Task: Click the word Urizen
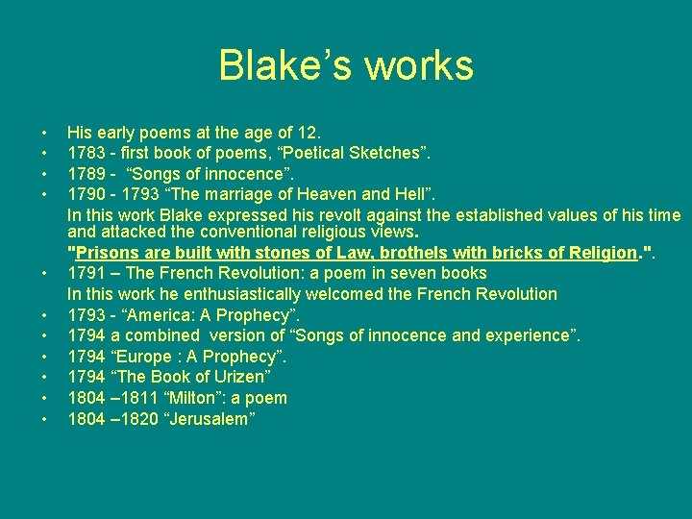[x=242, y=377]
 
